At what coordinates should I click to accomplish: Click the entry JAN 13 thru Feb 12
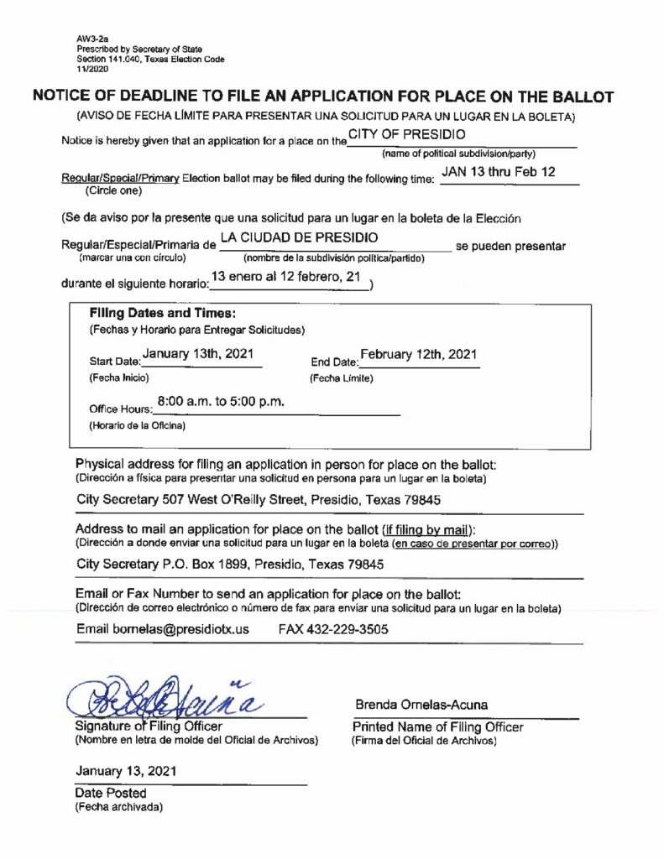click(498, 173)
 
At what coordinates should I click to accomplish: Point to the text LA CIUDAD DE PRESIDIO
click(299, 238)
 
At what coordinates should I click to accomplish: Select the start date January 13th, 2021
click(197, 354)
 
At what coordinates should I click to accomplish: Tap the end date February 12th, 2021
click(418, 354)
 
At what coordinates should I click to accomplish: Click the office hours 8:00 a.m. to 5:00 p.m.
click(221, 402)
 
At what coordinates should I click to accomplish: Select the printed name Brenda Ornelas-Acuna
click(421, 705)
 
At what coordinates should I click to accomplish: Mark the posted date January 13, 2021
click(126, 771)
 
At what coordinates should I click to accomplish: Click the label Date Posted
click(111, 793)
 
